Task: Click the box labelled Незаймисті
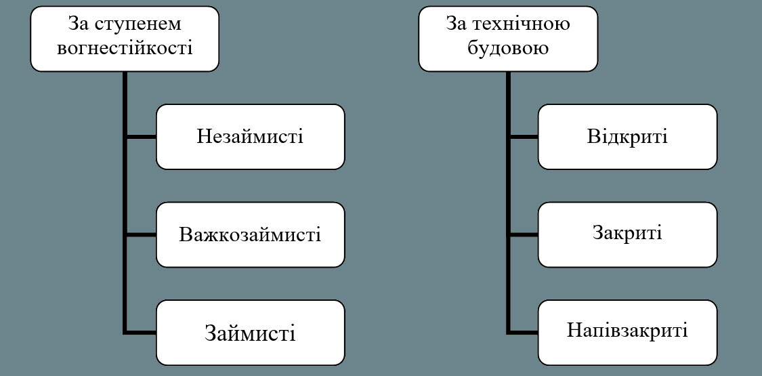[x=250, y=137]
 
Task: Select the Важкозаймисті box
[x=250, y=235]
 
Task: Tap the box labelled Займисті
[x=250, y=333]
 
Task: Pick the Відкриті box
[x=627, y=137]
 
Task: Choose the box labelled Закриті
[x=627, y=234]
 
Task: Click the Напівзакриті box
[x=627, y=331]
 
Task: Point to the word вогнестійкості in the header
[x=125, y=49]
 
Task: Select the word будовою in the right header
[x=508, y=49]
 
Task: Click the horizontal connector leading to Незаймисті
[x=141, y=137]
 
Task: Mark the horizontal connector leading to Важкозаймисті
[x=141, y=235]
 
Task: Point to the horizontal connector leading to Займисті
[x=141, y=332]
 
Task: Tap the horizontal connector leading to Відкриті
[x=523, y=137]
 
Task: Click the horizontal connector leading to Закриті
[x=523, y=235]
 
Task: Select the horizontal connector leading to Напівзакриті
[x=523, y=332]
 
